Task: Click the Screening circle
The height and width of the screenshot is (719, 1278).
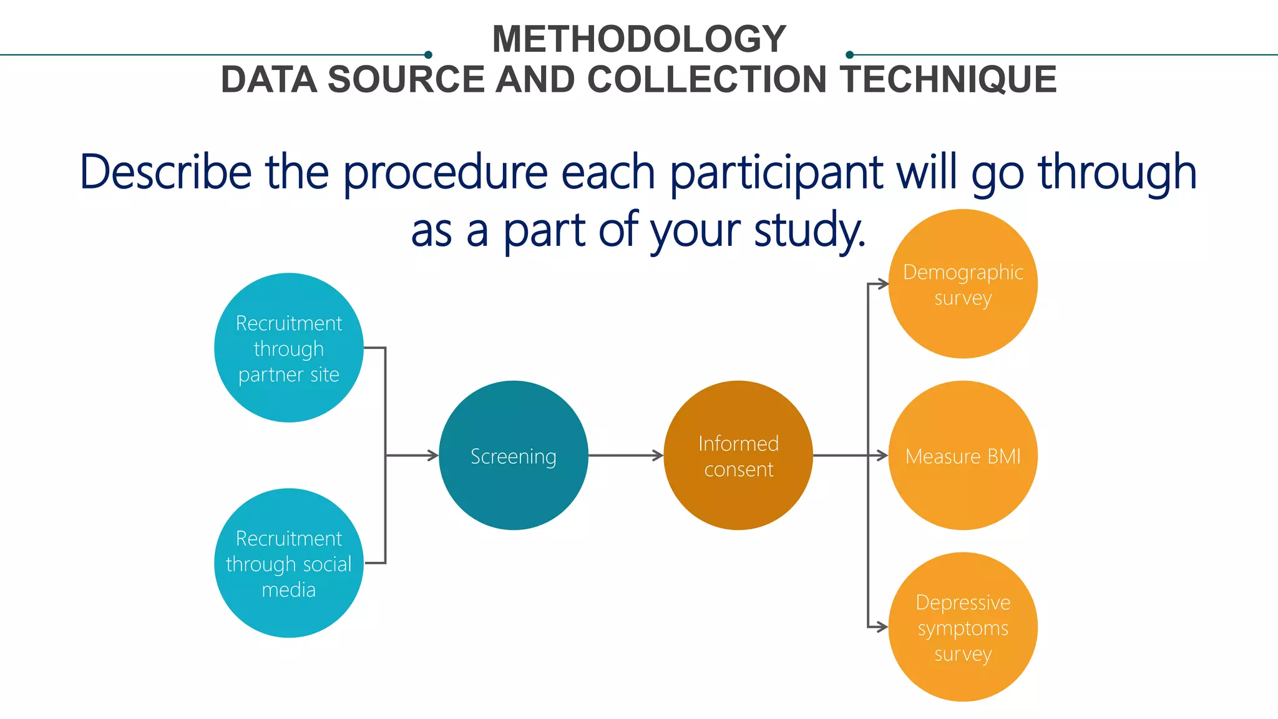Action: pos(513,456)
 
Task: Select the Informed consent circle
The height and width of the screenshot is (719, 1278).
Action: pos(738,456)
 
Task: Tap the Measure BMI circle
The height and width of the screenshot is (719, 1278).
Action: pos(962,456)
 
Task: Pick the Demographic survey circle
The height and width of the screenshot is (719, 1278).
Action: pos(962,284)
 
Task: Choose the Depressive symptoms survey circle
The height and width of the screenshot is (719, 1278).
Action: pos(962,627)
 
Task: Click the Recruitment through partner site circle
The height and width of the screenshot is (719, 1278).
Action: pos(288,348)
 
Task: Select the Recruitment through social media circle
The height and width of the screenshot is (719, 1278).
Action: pos(288,563)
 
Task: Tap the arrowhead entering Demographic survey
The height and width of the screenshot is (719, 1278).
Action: pos(882,284)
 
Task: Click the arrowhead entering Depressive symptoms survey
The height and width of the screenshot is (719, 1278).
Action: pos(882,627)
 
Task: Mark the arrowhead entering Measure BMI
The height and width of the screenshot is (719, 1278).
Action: pos(882,456)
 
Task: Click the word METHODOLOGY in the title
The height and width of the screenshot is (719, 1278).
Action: pos(639,39)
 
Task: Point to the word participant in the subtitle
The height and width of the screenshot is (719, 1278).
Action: pos(776,172)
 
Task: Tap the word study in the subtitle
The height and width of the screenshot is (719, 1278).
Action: pos(809,230)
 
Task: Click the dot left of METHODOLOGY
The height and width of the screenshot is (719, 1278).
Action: pos(428,55)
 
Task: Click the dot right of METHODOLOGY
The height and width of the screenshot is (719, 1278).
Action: pos(849,55)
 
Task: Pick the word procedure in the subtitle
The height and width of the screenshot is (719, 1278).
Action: pos(445,172)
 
